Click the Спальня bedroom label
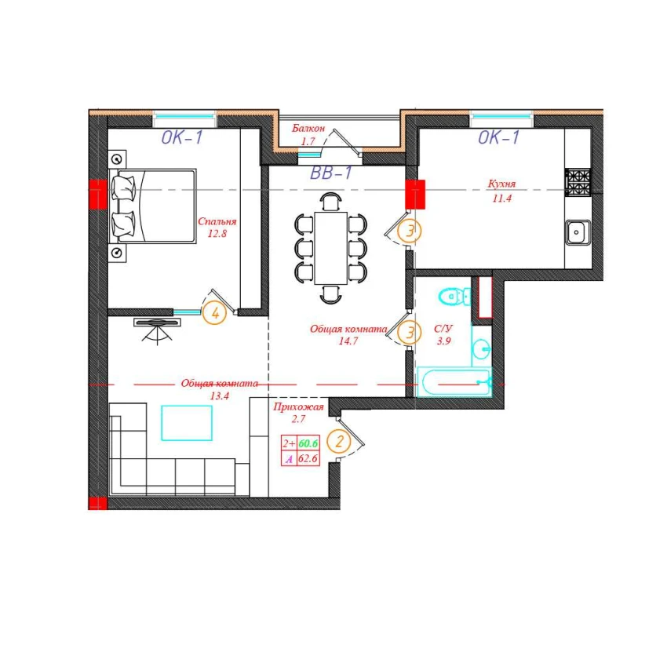click(x=217, y=221)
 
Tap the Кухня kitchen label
click(x=501, y=184)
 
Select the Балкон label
click(x=308, y=128)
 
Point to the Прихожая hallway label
click(x=298, y=407)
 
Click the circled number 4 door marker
click(x=215, y=314)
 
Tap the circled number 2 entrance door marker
click(x=339, y=442)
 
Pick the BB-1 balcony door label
click(x=331, y=173)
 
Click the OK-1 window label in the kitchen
click(x=498, y=137)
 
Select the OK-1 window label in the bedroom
click(x=182, y=137)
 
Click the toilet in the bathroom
click(x=454, y=296)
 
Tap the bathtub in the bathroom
click(x=454, y=382)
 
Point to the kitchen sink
click(x=578, y=232)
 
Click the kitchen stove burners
click(x=578, y=183)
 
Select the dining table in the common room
click(x=331, y=248)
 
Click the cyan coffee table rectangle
click(x=187, y=423)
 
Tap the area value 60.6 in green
click(x=308, y=443)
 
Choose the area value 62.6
click(x=308, y=458)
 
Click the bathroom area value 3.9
click(x=443, y=341)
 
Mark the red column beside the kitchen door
click(x=415, y=195)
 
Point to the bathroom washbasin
click(x=482, y=348)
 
